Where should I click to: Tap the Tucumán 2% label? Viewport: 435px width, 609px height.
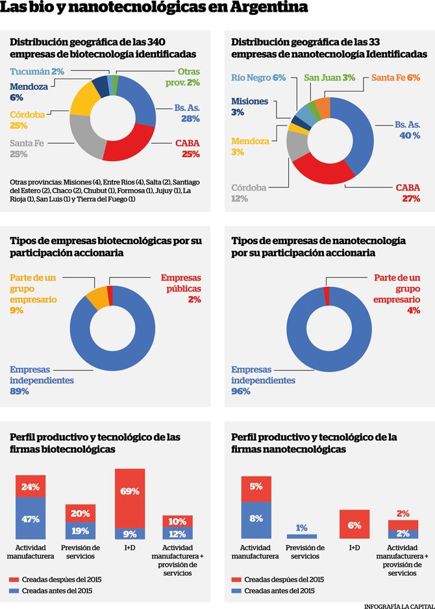click(x=37, y=72)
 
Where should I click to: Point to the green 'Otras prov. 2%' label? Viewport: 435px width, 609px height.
click(x=188, y=77)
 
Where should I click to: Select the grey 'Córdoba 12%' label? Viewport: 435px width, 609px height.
click(x=249, y=193)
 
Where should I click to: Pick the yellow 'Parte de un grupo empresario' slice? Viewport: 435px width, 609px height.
click(x=97, y=297)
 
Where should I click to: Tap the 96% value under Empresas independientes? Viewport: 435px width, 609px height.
click(x=241, y=391)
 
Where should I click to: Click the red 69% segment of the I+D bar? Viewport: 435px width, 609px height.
click(x=130, y=497)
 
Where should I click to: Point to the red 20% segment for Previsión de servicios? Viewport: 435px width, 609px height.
click(x=80, y=513)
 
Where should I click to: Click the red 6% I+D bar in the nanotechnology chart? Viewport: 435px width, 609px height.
click(x=354, y=525)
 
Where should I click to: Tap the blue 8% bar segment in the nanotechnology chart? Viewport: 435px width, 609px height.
click(x=255, y=519)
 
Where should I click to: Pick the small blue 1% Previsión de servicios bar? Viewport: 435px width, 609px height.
click(x=302, y=536)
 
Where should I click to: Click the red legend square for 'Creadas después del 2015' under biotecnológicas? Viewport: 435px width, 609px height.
click(x=14, y=579)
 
